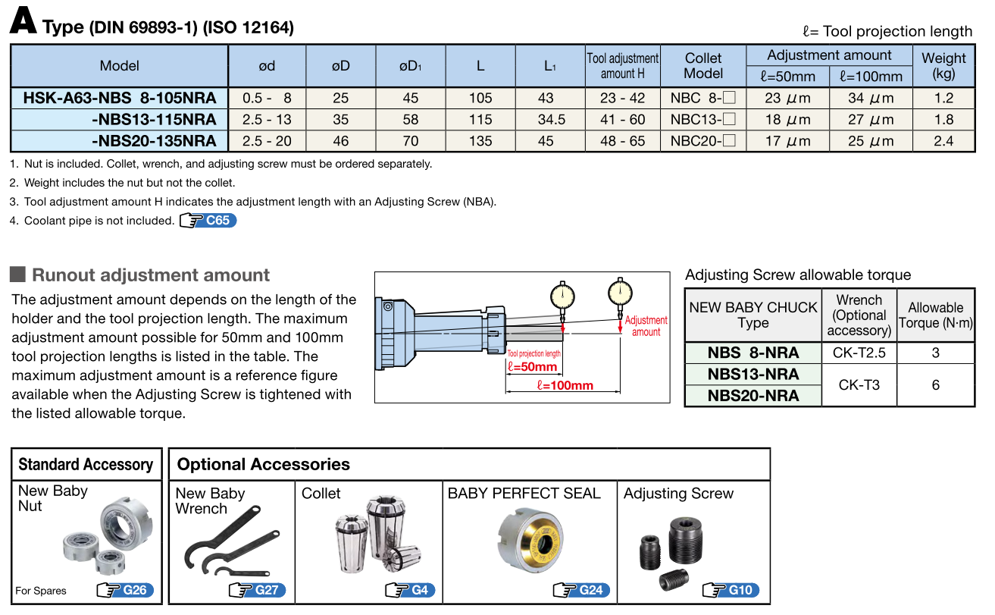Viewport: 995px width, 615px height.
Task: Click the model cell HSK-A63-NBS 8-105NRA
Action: [120, 98]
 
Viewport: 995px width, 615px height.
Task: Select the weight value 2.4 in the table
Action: [943, 141]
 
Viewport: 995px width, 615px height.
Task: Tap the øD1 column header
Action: [410, 66]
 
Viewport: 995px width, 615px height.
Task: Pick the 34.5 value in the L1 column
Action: [550, 120]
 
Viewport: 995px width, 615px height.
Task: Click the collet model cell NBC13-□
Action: [703, 120]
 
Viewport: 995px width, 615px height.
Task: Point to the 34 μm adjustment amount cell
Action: [871, 98]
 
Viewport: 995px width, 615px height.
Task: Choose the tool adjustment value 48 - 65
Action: [622, 141]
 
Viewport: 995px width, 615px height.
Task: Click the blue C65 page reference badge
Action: [208, 221]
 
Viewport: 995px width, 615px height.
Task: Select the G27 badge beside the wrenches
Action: [257, 590]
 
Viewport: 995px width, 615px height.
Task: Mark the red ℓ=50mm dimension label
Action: [531, 367]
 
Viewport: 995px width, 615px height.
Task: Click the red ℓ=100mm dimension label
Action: [565, 385]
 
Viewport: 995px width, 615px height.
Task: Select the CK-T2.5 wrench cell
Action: [859, 353]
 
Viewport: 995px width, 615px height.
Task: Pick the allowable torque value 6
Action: [936, 385]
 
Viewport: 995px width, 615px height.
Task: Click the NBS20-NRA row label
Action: [753, 396]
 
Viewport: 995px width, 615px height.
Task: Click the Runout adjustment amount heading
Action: [151, 275]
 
